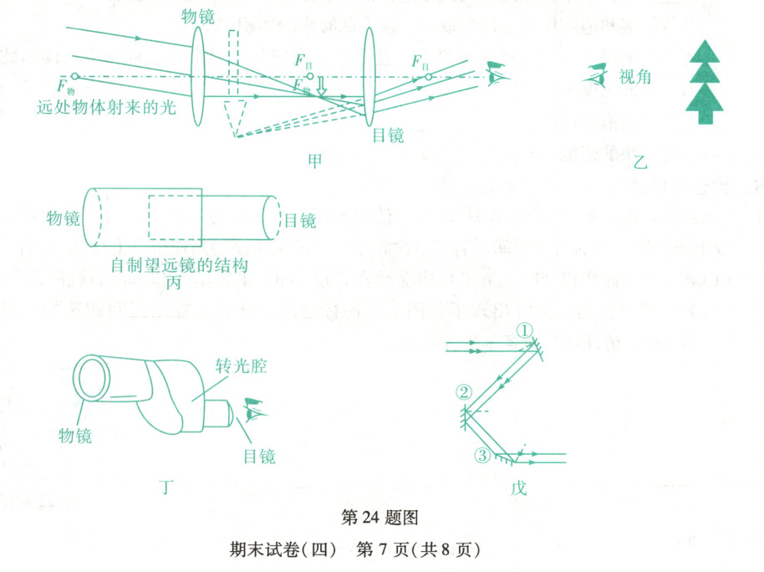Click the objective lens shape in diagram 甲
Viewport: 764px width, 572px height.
[x=198, y=78]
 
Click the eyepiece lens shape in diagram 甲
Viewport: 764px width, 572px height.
[x=370, y=77]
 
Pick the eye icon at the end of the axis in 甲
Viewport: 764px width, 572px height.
[x=498, y=75]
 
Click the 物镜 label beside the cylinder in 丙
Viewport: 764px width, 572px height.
[x=64, y=220]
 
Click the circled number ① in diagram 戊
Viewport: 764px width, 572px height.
[x=524, y=330]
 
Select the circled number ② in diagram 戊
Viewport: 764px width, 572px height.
[x=465, y=391]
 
